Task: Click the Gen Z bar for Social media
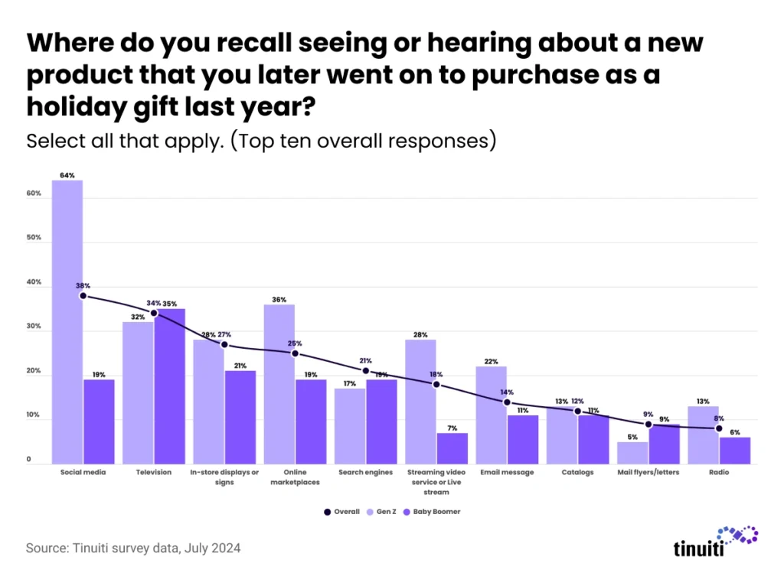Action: (67, 321)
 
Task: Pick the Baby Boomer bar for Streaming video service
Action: (452, 448)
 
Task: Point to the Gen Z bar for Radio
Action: (703, 434)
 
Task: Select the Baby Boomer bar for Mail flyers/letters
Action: (664, 444)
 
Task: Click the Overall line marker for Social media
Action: (83, 295)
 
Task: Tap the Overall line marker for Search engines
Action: (365, 371)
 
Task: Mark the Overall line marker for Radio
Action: (719, 428)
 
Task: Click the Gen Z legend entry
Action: (382, 511)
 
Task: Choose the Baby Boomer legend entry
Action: (433, 511)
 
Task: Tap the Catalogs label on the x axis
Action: (577, 472)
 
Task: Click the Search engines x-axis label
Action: (365, 472)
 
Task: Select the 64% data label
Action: (67, 175)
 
